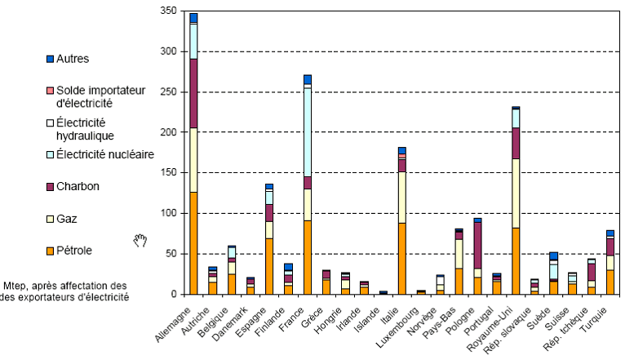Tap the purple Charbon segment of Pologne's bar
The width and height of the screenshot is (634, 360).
click(x=477, y=245)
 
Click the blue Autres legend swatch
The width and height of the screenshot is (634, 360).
click(x=51, y=59)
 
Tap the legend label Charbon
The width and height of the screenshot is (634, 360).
click(x=79, y=186)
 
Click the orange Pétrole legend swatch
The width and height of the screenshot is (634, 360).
click(x=51, y=251)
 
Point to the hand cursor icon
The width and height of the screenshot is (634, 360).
click(x=140, y=239)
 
